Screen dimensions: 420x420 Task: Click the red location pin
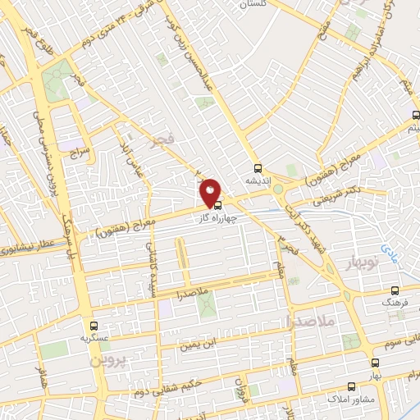coord(211,193)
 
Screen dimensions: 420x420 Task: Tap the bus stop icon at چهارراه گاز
coord(217,207)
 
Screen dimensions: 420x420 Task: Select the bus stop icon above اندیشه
coord(258,167)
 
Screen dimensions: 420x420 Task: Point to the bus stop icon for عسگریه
coord(93,325)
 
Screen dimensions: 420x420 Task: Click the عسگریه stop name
coord(94,337)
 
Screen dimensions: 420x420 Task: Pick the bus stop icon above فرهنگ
coord(396,290)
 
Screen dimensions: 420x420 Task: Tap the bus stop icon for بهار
coord(375,362)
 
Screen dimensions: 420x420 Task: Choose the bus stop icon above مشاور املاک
coord(351,386)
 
